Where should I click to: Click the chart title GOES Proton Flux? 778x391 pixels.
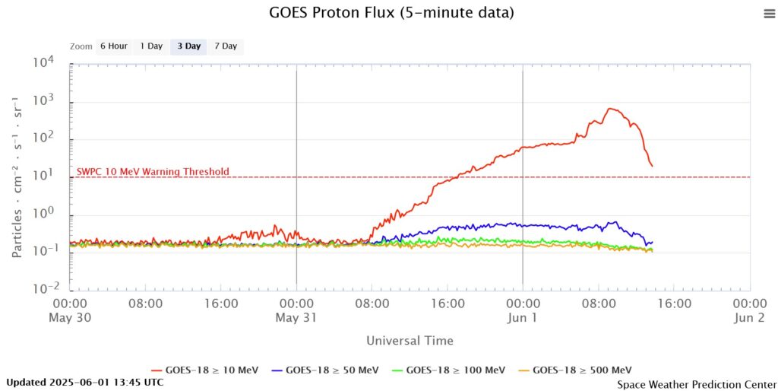click(391, 13)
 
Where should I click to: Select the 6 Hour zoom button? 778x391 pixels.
click(113, 46)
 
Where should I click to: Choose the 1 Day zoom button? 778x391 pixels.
click(151, 46)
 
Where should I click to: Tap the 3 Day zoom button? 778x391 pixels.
click(189, 46)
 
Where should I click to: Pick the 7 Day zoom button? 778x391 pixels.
click(226, 46)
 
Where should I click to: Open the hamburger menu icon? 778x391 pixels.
click(769, 14)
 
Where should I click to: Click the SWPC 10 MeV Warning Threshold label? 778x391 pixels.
click(153, 172)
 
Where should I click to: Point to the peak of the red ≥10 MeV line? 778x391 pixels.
click(611, 109)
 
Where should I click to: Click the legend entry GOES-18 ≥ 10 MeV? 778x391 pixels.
click(205, 370)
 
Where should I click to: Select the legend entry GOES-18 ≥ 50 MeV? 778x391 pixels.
click(331, 370)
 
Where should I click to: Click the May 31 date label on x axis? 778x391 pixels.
click(296, 318)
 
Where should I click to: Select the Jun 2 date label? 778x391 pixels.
click(750, 318)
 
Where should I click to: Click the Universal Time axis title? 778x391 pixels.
click(410, 341)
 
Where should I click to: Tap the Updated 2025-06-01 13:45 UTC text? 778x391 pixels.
click(84, 382)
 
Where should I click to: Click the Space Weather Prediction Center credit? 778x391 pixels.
click(697, 385)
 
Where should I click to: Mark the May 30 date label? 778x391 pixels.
click(70, 318)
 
